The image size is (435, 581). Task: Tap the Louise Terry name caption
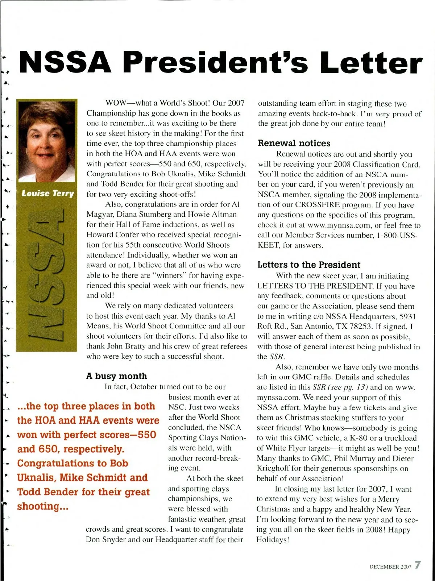pos(47,193)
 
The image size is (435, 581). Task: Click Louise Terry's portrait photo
pos(47,141)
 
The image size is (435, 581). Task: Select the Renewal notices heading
pos(294,143)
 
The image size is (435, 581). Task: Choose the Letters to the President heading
pos(309,265)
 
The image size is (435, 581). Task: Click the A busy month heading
pos(117,376)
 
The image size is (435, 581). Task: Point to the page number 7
pos(418,565)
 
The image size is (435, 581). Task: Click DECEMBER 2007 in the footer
pos(390,567)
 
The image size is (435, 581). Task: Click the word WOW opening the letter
pos(114,103)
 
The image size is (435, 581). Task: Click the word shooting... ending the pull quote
pos(43,506)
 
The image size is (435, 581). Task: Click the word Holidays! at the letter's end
pos(273,540)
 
